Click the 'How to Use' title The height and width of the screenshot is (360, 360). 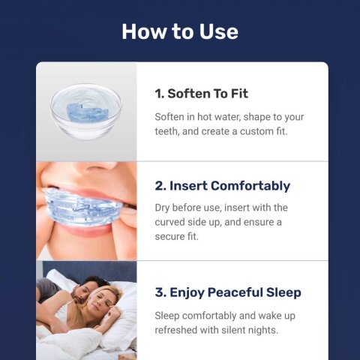coord(180,31)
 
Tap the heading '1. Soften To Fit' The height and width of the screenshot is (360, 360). coord(201,94)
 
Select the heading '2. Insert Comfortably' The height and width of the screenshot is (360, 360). coord(222,185)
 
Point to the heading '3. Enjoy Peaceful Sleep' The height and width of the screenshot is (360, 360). coord(228,292)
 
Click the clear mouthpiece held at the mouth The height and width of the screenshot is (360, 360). coord(82,204)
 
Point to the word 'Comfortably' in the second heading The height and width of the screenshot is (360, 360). coord(250,185)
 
